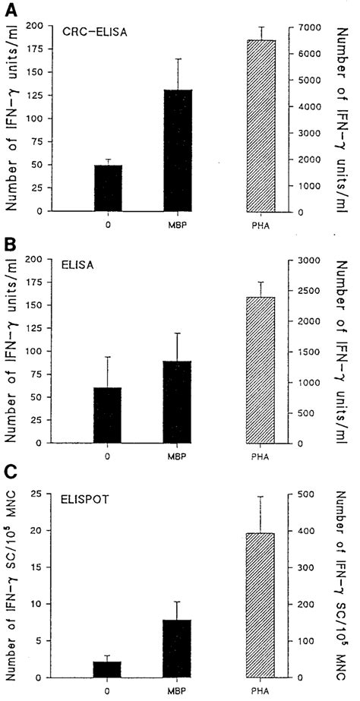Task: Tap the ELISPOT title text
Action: click(x=85, y=500)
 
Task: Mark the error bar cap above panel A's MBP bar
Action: click(x=178, y=58)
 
